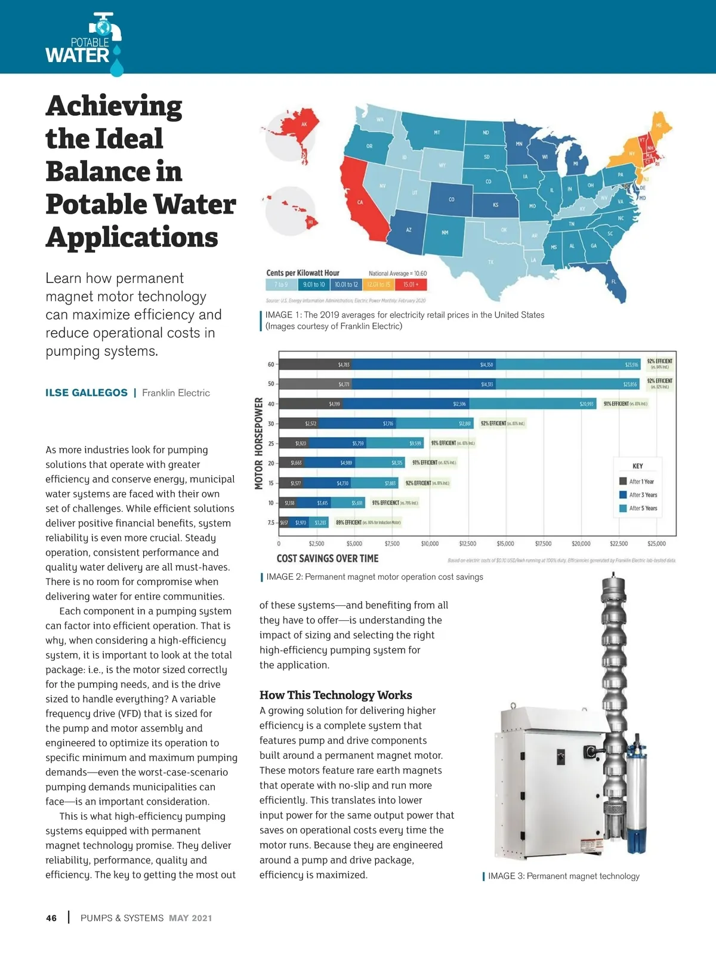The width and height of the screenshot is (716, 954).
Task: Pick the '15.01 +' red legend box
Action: click(x=411, y=285)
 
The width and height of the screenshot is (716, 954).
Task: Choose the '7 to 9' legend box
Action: click(x=280, y=285)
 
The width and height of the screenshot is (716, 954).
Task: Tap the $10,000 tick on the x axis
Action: click(x=430, y=544)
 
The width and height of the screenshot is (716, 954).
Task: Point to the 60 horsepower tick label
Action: click(x=271, y=364)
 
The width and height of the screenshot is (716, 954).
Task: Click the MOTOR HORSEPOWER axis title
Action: click(x=259, y=444)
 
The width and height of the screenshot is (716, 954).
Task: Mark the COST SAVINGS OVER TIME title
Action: click(x=327, y=559)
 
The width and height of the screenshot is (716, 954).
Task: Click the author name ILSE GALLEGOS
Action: click(x=87, y=393)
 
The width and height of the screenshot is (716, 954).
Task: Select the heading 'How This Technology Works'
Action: click(x=335, y=695)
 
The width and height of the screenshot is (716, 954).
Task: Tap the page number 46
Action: click(x=51, y=918)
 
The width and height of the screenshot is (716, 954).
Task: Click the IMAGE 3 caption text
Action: click(x=563, y=876)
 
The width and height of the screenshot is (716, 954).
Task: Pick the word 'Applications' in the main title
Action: click(x=132, y=237)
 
